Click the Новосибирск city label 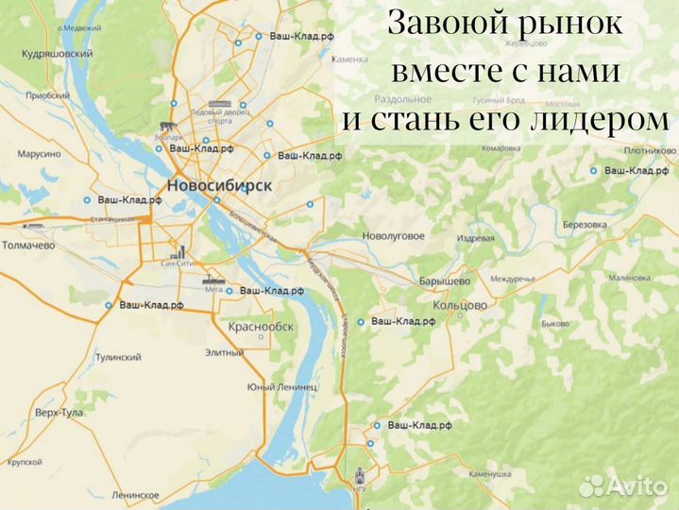pyautogui.click(x=218, y=185)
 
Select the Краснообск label pyautogui.click(x=262, y=327)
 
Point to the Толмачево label pyautogui.click(x=28, y=245)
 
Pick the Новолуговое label pyautogui.click(x=394, y=236)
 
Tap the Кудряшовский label pyautogui.click(x=59, y=55)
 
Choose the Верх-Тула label pyautogui.click(x=59, y=413)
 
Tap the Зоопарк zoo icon pyautogui.click(x=167, y=127)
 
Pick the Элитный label pyautogui.click(x=225, y=352)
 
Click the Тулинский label pyautogui.click(x=118, y=357)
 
